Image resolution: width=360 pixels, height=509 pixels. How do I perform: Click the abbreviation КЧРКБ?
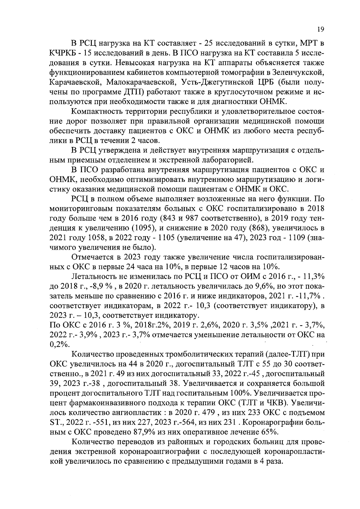pos(64,53)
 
